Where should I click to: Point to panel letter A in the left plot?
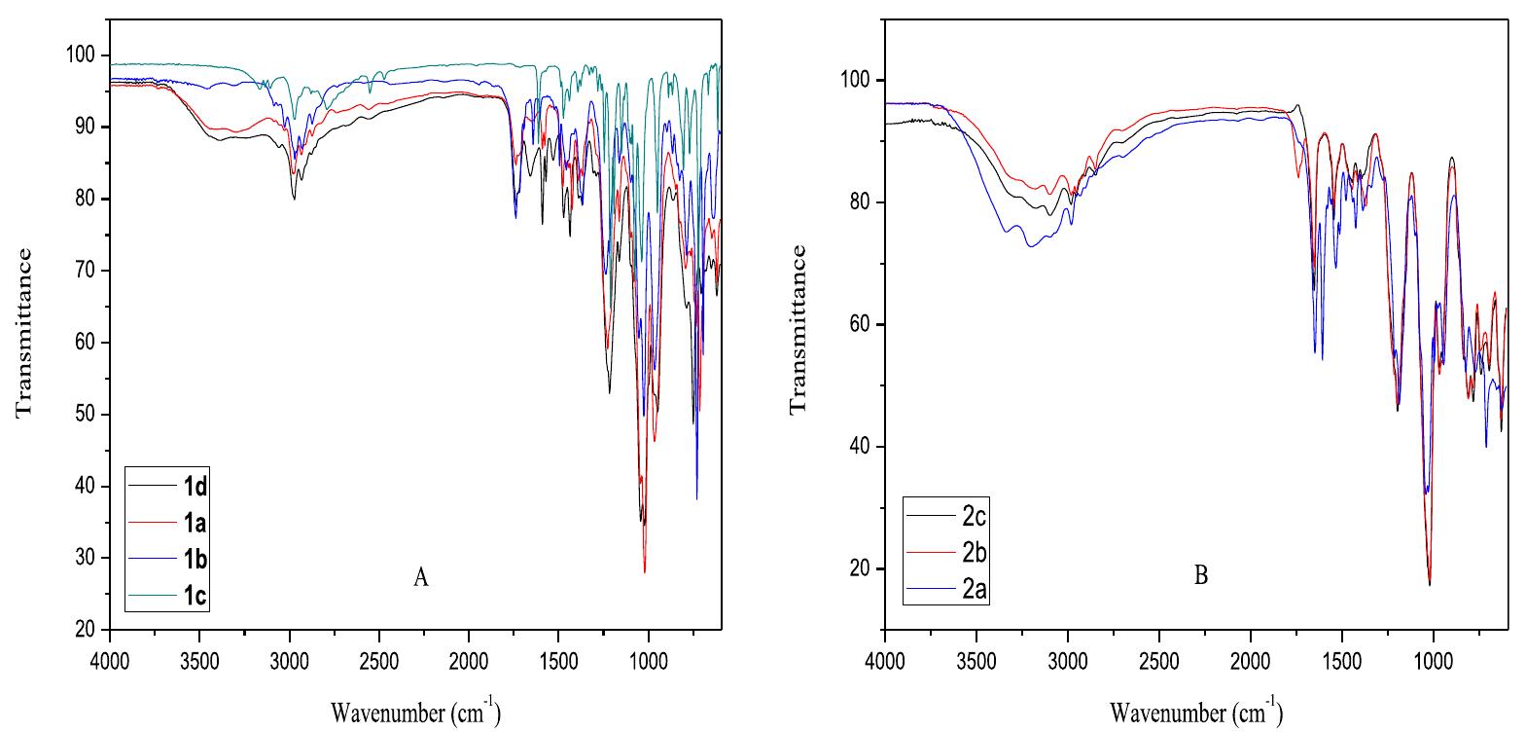click(420, 578)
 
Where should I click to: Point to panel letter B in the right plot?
click(1200, 575)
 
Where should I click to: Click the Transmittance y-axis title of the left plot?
click(23, 331)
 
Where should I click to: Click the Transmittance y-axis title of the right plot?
click(798, 329)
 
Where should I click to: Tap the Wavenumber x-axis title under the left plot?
click(415, 714)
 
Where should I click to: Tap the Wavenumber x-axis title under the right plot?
click(1195, 714)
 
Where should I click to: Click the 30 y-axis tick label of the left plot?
click(87, 558)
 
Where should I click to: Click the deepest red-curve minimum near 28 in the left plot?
click(644, 571)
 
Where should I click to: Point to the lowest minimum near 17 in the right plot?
click(1429, 584)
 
